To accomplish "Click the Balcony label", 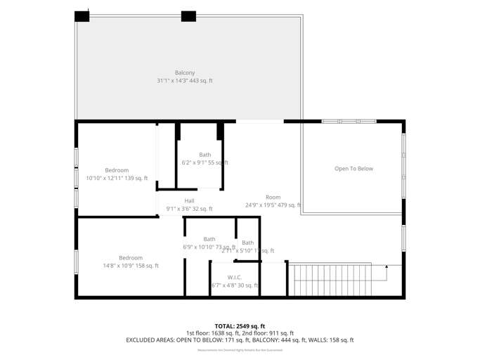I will point(185,73).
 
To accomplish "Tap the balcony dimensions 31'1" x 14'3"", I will point(185,81).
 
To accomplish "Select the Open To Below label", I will point(353,169).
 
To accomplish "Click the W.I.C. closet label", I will point(235,277).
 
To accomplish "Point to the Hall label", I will point(190,201).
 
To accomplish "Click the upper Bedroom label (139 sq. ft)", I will point(117,170).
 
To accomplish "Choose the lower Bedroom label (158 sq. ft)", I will point(131,258).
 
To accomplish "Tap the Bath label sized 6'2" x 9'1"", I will point(205,155).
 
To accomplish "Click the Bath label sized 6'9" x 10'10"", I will point(209,239).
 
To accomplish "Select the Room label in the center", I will point(273,198).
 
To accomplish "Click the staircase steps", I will point(330,280).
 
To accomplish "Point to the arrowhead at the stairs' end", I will point(387,267).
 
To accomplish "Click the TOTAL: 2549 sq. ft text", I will point(240,326).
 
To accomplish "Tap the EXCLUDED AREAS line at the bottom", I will point(240,340).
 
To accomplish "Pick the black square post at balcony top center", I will point(188,16).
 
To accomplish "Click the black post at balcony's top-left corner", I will point(82,16).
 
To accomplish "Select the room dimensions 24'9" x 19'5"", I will point(273,205).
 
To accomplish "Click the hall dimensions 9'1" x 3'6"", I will point(189,209).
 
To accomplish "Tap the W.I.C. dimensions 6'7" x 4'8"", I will point(235,285).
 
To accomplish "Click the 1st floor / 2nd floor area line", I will point(240,333).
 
